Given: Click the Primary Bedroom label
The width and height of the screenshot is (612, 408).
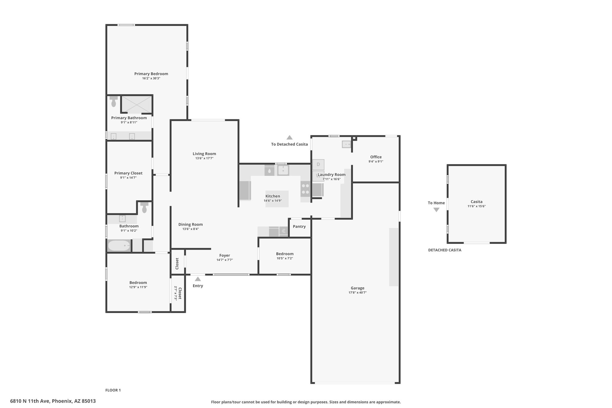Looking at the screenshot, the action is pos(151,74).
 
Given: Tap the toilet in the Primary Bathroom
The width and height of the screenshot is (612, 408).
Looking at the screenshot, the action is pos(114,101).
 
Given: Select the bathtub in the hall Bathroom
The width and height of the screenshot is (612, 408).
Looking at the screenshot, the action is pos(119,246).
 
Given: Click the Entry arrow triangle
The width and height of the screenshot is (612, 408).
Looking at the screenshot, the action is pos(198,279).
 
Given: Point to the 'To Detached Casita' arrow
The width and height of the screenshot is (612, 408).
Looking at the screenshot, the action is pos(289,137).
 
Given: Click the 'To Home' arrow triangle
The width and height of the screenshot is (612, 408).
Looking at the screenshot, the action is pos(436,210).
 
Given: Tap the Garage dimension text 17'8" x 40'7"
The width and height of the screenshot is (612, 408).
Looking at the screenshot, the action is pos(357,293).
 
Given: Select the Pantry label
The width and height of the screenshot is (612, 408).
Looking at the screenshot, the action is pos(299,227).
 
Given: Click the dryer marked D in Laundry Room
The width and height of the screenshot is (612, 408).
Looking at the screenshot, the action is pos(318,164).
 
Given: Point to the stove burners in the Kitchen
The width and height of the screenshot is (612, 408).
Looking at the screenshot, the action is pos(305,189).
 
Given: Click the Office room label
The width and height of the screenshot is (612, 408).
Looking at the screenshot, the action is pos(376,157).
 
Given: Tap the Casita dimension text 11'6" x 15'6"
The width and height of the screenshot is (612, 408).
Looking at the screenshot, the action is pos(476,206).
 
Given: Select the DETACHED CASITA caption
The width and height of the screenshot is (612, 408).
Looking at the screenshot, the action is pos(445,250).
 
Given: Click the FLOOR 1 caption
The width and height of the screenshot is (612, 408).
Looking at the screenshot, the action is pos(113,390).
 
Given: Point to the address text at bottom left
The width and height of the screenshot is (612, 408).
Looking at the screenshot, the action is pos(53,401).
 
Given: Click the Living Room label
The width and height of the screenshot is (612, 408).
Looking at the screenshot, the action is pos(204,154).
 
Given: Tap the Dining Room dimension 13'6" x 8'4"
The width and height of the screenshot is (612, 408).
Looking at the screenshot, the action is pos(191,229).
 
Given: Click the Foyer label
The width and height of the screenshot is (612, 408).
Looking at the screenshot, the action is pos(225,256).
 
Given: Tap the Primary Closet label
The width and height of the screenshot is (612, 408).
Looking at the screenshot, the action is pos(128,173).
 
